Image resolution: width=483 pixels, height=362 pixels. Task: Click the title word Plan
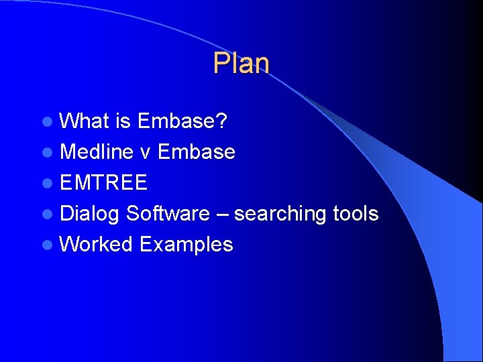(x=241, y=64)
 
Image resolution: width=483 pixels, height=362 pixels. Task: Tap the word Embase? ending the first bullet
(x=182, y=121)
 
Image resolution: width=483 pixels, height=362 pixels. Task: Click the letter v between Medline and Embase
(x=146, y=153)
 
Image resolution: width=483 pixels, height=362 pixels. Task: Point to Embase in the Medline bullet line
(x=196, y=152)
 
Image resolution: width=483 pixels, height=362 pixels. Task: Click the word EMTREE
(x=103, y=183)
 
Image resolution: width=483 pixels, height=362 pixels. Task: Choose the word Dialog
(x=90, y=214)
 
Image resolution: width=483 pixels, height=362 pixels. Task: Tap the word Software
(x=168, y=214)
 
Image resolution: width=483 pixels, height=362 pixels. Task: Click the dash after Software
(x=222, y=215)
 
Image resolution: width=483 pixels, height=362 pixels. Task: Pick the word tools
(x=356, y=214)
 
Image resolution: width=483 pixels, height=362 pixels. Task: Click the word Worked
(x=96, y=245)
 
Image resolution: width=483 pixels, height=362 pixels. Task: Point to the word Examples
(x=186, y=245)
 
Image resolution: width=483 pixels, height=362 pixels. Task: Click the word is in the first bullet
(x=123, y=121)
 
